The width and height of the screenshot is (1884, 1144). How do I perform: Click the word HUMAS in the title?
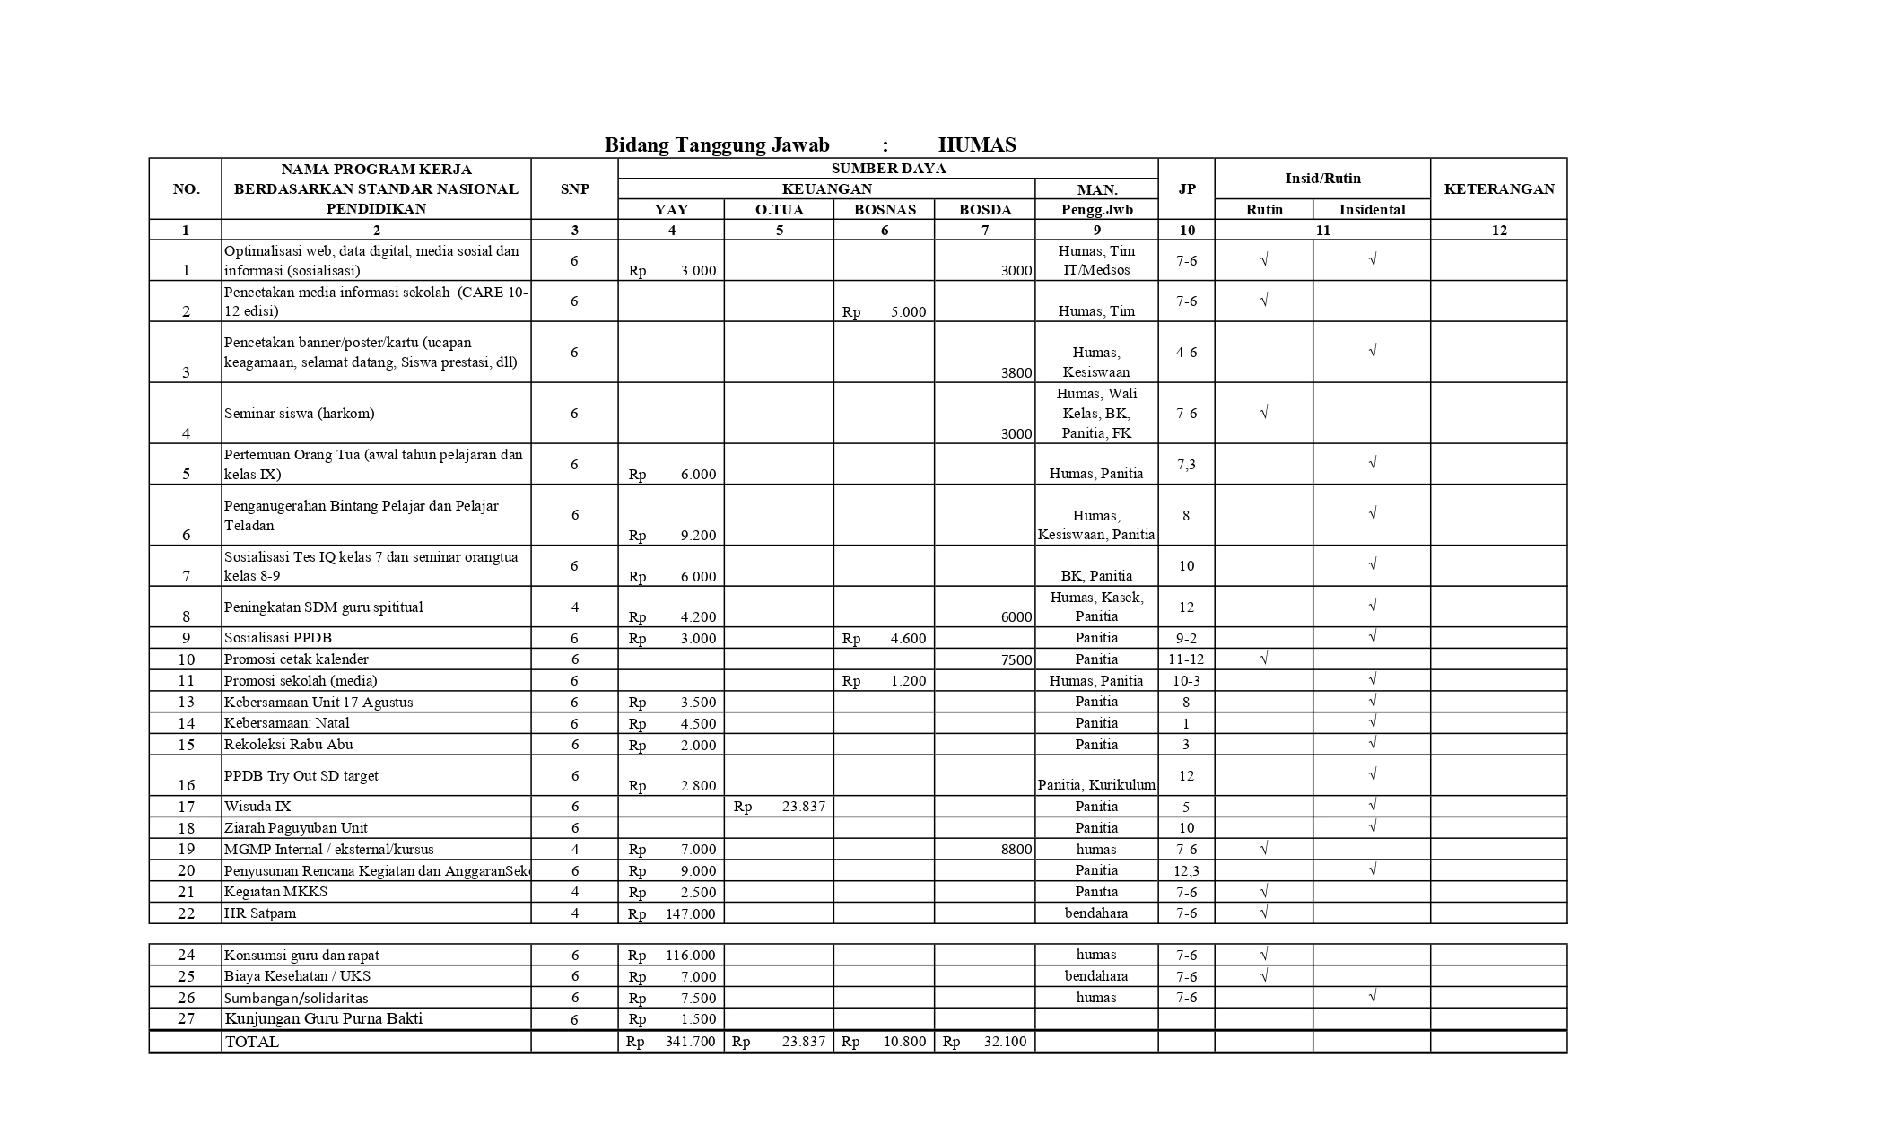(976, 145)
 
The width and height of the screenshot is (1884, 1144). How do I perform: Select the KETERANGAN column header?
(1498, 188)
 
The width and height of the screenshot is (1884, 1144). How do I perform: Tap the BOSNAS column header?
(884, 210)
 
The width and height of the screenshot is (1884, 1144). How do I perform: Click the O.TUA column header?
(779, 210)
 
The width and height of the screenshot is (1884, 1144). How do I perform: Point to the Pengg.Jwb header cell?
(1096, 210)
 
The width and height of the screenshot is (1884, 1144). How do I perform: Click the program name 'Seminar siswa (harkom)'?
(299, 414)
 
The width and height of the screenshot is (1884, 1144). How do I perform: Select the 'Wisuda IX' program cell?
(257, 807)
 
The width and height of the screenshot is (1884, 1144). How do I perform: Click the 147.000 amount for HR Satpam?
(690, 913)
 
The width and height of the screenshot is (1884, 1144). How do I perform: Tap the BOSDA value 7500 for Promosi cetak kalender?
(1016, 660)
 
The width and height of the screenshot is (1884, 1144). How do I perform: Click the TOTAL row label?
(252, 1043)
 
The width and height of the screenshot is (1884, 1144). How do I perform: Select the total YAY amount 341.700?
(690, 1043)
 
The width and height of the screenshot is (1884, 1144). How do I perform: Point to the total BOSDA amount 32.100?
(1004, 1043)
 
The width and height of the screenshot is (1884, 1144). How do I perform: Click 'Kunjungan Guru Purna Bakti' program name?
(323, 1019)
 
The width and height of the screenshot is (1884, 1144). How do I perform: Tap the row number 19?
(186, 850)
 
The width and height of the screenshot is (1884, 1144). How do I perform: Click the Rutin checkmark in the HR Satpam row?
(1263, 913)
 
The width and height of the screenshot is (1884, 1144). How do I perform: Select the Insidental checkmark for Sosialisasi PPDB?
(1372, 638)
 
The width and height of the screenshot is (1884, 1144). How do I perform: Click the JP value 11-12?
(1186, 659)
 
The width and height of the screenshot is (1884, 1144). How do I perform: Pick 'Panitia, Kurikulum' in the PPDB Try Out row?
(1096, 785)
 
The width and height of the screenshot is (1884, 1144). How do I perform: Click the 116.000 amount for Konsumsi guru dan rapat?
(690, 956)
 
